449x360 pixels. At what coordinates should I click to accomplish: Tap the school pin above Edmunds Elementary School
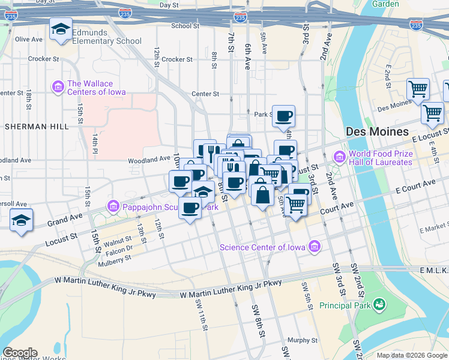[x=61, y=29]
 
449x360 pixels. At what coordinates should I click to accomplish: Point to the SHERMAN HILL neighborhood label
[x=30, y=127]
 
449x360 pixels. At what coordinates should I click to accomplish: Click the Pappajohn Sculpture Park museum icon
[x=113, y=207]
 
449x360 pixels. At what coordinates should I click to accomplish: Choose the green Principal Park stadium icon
[x=379, y=305]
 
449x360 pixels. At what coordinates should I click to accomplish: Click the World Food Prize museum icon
[x=339, y=157]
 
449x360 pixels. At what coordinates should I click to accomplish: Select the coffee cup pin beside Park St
[x=284, y=116]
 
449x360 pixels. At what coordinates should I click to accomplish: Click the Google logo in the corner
[x=20, y=353]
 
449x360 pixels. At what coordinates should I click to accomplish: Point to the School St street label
[x=185, y=26]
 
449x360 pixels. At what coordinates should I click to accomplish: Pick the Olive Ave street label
[x=29, y=39]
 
